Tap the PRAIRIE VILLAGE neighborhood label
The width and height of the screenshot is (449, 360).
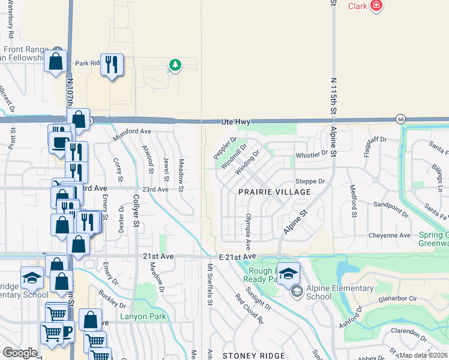click(x=274, y=192)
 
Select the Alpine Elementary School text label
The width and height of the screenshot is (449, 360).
click(x=339, y=293)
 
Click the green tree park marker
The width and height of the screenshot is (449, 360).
click(x=175, y=64)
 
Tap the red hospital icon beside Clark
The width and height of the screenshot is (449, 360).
click(x=376, y=6)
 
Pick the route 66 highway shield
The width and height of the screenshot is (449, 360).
click(x=400, y=119)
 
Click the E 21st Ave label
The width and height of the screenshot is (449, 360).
click(x=238, y=257)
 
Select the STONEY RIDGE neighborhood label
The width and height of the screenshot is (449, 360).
click(x=248, y=356)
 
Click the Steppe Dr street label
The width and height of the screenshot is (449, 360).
click(x=310, y=181)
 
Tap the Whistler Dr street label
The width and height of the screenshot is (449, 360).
click(x=312, y=155)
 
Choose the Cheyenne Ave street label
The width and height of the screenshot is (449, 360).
click(x=390, y=235)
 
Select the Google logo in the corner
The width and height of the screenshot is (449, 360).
click(x=20, y=353)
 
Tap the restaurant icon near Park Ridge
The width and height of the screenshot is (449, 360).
click(x=112, y=64)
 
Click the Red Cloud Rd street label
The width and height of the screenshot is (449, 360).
click(x=249, y=309)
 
